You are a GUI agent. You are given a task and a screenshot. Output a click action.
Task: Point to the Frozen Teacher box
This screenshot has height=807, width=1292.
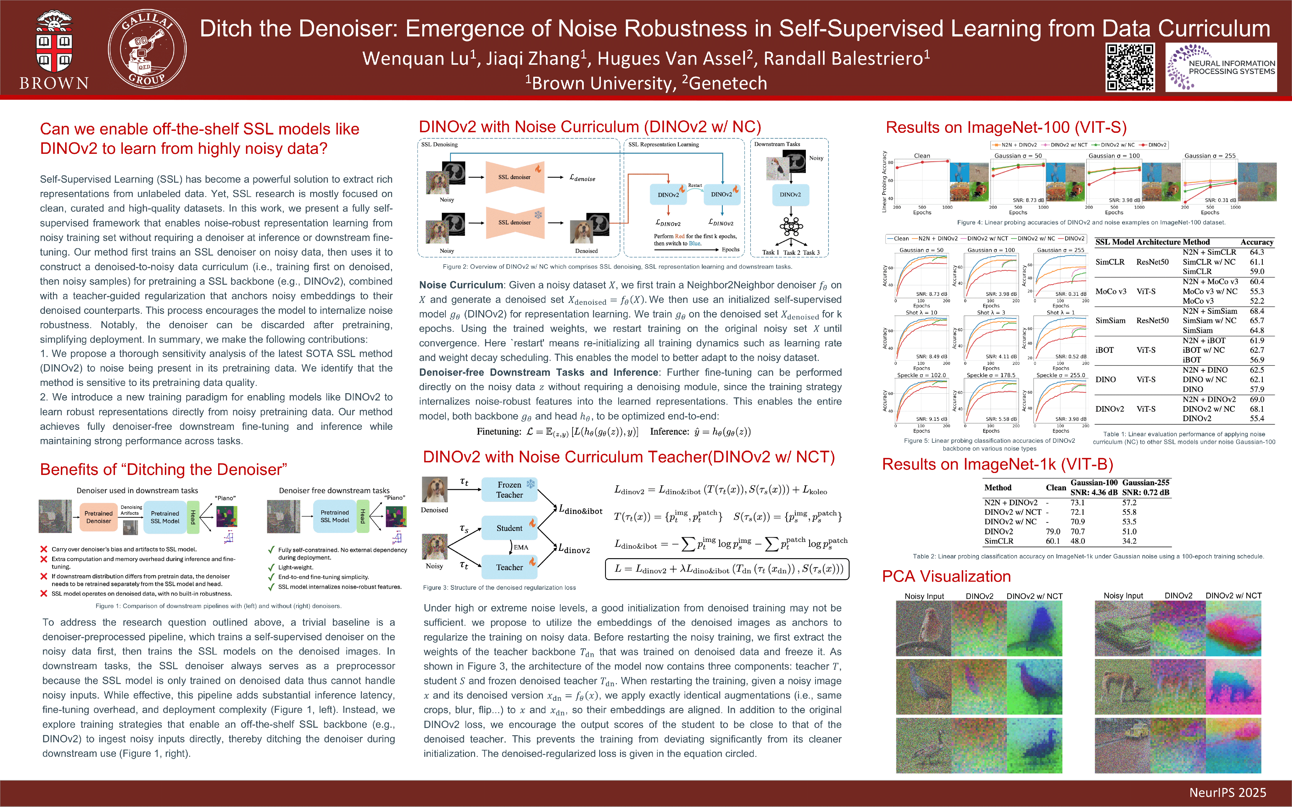pyautogui.click(x=509, y=490)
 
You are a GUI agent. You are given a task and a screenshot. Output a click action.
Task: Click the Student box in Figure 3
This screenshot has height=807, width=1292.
pyautogui.click(x=509, y=528)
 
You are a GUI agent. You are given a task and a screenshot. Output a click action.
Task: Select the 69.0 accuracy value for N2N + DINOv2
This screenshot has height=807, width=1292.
pyautogui.click(x=1257, y=399)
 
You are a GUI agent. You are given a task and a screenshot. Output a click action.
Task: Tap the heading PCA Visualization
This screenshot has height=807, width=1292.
pyautogui.click(x=946, y=576)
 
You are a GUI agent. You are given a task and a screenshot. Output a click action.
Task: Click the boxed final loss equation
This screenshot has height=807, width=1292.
pyautogui.click(x=727, y=569)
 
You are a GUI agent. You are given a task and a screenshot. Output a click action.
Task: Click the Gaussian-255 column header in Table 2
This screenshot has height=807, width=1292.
pyautogui.click(x=1146, y=483)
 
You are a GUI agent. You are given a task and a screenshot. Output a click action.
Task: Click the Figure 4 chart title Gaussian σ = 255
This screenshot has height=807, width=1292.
pyautogui.click(x=1210, y=156)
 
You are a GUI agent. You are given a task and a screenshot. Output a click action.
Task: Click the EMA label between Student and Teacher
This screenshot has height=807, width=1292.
pyautogui.click(x=521, y=547)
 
